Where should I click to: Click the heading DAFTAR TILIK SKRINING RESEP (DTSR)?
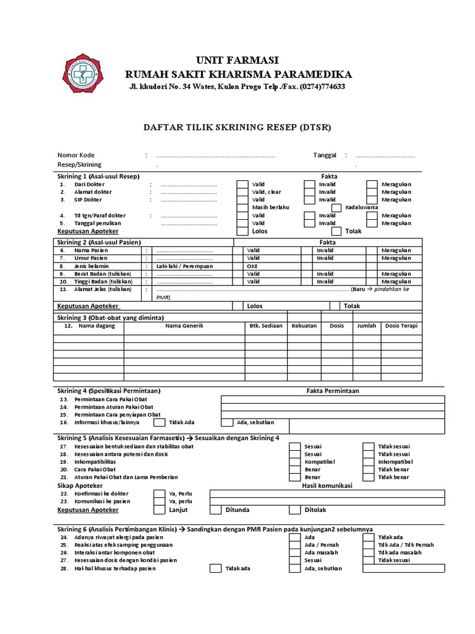[x=237, y=128]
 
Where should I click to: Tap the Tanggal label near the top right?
[x=325, y=155]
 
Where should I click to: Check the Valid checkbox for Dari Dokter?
[x=242, y=184]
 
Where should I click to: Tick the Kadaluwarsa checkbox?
[x=336, y=207]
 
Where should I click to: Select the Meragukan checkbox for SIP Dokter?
[x=371, y=200]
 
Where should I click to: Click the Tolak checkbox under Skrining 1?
[x=336, y=231]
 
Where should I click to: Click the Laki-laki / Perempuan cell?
[x=185, y=266]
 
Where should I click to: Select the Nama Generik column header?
[x=184, y=326]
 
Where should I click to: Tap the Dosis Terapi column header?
[x=401, y=326]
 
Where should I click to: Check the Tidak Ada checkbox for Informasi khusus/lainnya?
[x=159, y=422]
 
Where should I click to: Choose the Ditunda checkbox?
[x=215, y=510]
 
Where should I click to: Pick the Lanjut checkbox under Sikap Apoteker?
[x=159, y=510]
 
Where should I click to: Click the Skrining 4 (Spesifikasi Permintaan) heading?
[x=109, y=391]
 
